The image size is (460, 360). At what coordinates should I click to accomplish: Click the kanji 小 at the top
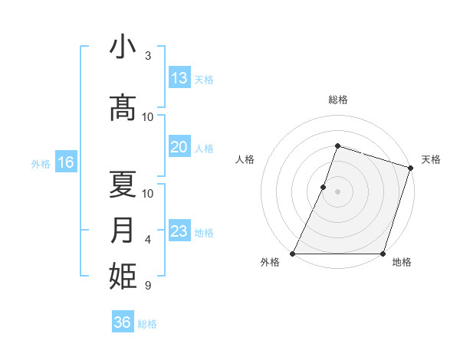123,47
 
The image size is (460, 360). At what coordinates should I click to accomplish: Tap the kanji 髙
123,106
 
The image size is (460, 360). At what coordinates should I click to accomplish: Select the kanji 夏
123,184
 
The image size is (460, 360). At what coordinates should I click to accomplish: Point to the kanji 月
123,230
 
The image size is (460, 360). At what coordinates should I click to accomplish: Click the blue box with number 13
179,78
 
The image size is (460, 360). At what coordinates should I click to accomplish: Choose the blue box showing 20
179,148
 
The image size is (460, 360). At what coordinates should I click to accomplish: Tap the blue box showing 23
179,231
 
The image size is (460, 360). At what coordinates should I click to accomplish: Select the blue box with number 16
65,162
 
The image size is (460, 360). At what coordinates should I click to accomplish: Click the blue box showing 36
123,322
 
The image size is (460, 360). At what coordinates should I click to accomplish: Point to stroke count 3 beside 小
148,56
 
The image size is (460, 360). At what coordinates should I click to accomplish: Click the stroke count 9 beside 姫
148,286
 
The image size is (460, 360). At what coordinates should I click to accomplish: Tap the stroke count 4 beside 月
148,241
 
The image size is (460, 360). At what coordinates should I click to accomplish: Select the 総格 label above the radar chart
338,100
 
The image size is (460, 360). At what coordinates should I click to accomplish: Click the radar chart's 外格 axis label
270,262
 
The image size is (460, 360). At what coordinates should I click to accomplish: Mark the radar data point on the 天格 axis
410,168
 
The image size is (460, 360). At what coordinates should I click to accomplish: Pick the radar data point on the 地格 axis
383,254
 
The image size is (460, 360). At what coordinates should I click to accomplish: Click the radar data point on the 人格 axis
324,187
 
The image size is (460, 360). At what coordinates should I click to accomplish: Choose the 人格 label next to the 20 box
204,149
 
